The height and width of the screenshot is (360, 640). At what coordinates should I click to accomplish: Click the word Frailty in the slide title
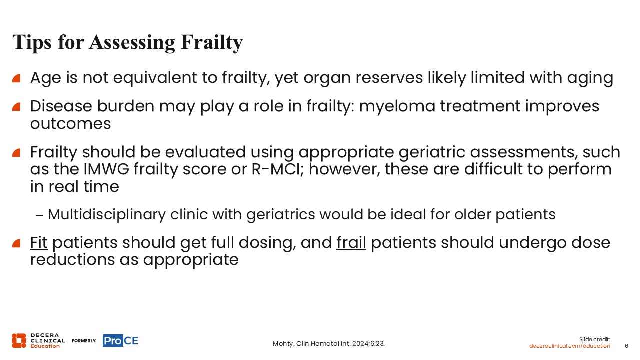point(211,42)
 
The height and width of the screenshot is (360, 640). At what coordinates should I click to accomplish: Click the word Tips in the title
point(32,42)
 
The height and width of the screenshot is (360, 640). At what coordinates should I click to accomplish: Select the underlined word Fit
point(39,243)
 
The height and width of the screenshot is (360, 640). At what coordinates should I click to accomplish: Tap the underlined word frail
point(351,243)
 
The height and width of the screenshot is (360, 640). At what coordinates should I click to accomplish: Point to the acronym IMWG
point(106,169)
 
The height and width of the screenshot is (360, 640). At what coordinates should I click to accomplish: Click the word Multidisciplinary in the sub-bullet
point(107,215)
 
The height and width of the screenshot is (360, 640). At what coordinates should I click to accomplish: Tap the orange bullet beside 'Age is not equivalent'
point(16,78)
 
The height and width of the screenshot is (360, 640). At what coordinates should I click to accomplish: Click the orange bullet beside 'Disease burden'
point(16,107)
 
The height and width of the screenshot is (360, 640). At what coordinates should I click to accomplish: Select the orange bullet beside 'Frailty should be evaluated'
point(16,153)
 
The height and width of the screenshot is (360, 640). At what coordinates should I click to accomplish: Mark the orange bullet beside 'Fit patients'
point(16,243)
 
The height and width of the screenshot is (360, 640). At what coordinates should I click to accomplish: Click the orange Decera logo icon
point(19,341)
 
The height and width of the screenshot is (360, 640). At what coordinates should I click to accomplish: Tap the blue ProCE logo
point(121,341)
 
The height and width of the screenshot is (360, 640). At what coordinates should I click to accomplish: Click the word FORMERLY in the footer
point(84,341)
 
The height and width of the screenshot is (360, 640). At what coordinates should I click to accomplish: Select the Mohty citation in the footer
point(329,343)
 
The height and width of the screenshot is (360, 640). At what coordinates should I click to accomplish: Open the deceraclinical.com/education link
point(569,346)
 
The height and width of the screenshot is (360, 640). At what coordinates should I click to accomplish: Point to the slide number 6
point(626,346)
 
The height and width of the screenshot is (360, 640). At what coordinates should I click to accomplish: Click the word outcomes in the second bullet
point(70,124)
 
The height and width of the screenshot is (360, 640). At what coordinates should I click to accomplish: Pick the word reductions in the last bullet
point(72,260)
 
